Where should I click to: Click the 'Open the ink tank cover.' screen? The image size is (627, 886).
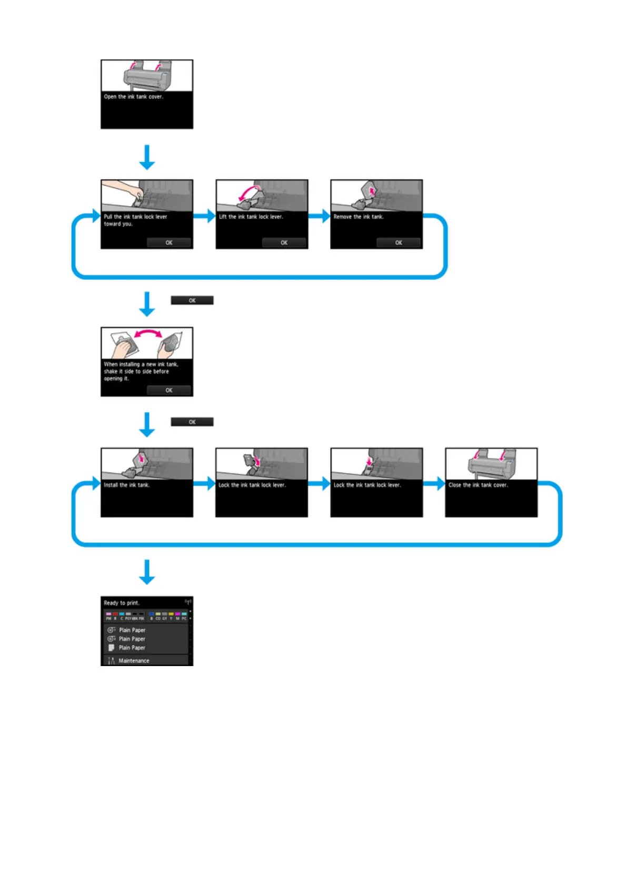tap(147, 94)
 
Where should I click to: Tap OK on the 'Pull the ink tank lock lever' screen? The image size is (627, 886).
tap(169, 243)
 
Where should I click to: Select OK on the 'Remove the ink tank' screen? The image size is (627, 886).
tap(399, 243)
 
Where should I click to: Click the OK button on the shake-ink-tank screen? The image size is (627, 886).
tap(169, 390)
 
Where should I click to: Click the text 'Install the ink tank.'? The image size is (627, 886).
tap(127, 485)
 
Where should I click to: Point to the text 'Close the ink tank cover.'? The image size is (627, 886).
tap(478, 485)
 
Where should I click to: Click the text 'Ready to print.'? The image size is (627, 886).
tap(122, 603)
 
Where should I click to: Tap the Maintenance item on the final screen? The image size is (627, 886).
tap(134, 660)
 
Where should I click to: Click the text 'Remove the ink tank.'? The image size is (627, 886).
tap(359, 217)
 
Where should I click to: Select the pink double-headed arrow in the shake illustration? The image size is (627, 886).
tap(147, 333)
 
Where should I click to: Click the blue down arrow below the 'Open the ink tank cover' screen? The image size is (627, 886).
tap(147, 157)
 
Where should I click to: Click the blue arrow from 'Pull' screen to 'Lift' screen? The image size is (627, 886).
tap(204, 216)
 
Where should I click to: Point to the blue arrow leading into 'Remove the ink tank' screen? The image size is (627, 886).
tap(319, 216)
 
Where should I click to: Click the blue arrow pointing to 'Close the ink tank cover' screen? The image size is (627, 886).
tap(434, 484)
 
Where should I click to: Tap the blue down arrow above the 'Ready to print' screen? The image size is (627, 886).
tap(147, 572)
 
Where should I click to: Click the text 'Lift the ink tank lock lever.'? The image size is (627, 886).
tap(251, 217)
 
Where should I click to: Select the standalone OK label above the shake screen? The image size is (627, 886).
tap(192, 300)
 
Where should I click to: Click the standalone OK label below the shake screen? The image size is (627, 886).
tap(192, 422)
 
